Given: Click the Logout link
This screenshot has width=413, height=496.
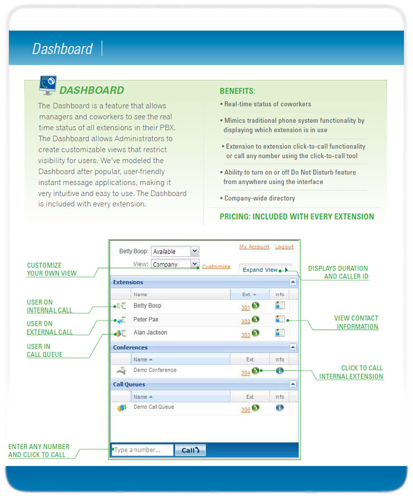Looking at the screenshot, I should click(284, 247).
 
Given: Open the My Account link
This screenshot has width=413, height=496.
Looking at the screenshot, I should click(254, 247).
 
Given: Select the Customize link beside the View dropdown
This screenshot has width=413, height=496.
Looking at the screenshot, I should click(216, 267).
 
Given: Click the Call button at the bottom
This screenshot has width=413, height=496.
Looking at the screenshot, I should click(190, 450).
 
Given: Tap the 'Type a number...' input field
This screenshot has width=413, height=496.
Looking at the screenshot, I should click(142, 450).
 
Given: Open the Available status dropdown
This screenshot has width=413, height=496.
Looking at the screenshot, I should click(175, 251).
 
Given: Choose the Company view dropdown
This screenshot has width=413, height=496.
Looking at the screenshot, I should click(175, 265).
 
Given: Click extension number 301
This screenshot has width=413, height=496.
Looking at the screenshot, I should click(245, 307).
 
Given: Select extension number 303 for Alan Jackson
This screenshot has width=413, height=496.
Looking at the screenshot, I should click(245, 335).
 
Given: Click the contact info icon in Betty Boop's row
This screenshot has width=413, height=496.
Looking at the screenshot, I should click(280, 305).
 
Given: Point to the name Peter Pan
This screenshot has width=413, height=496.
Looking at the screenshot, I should click(146, 320).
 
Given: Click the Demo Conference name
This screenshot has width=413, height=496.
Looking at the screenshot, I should click(155, 370).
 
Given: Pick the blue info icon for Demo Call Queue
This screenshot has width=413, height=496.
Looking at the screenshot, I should click(279, 408).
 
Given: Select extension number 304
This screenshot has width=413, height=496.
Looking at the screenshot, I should click(245, 373).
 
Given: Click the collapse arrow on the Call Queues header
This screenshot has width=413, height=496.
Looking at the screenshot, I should click(293, 384).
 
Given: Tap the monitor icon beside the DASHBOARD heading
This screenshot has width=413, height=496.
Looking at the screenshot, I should click(48, 84).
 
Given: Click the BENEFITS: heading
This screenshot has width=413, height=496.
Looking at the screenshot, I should click(237, 91).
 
